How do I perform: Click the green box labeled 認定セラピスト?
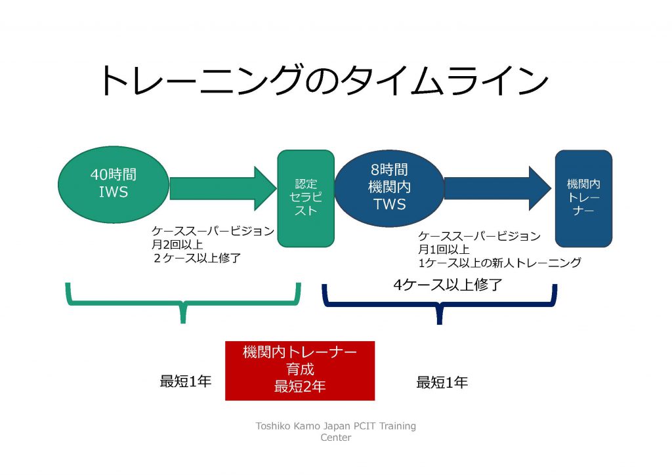(x=306, y=198)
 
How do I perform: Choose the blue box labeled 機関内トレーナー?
(x=583, y=198)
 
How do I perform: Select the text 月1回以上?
(x=444, y=249)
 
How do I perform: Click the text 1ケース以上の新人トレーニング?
(x=499, y=263)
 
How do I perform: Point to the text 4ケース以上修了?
(x=439, y=285)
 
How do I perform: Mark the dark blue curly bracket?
(x=439, y=303)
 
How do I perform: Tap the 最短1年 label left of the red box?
(x=186, y=381)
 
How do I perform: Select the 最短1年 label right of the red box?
(x=442, y=382)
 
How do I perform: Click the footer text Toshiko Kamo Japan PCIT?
(x=335, y=426)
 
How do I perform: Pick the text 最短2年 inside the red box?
(x=299, y=386)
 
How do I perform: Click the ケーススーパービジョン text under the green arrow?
(x=213, y=231)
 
